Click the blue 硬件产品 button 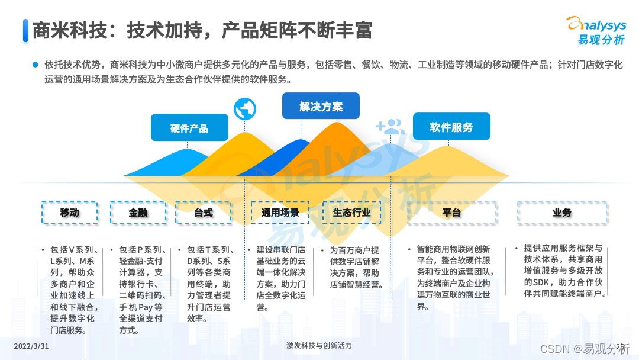[189, 127]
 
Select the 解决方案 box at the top [321, 107]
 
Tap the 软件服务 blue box [451, 127]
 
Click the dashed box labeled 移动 [70, 212]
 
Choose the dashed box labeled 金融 [138, 212]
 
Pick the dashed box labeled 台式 [203, 212]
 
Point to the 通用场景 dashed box [280, 212]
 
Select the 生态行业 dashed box [351, 212]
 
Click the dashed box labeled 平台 [451, 212]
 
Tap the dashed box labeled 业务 [562, 212]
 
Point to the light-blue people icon [389, 127]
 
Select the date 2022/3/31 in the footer [31, 346]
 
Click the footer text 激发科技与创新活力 [319, 346]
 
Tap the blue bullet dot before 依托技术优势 [35, 65]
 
